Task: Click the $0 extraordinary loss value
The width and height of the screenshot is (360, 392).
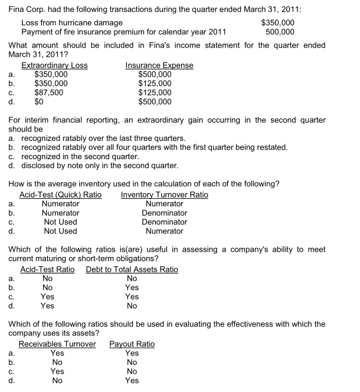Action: point(40,101)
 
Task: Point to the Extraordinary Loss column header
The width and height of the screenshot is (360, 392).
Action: point(54,65)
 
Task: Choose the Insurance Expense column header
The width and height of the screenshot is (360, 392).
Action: point(159,65)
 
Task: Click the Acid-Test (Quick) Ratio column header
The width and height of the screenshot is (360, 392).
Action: point(61,195)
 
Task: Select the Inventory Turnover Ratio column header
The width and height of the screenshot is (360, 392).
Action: point(164,195)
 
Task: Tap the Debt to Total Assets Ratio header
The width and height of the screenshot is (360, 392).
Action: point(132,270)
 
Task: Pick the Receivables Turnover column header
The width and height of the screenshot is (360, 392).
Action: point(57,344)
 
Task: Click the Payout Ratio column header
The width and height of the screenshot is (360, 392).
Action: point(132,344)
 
